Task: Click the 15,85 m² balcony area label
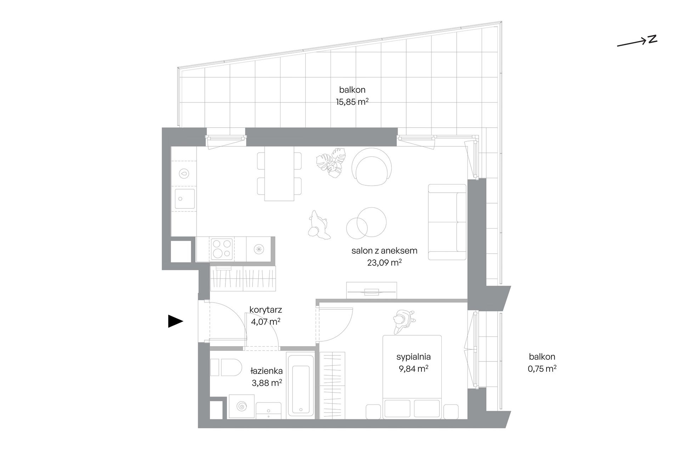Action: click(x=352, y=102)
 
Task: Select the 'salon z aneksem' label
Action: click(x=384, y=251)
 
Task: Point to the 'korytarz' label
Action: click(x=266, y=310)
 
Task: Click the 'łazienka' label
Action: click(x=266, y=371)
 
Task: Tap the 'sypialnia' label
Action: click(x=413, y=357)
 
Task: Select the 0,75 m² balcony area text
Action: click(x=542, y=369)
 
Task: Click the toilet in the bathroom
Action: click(x=225, y=367)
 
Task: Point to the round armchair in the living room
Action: click(x=372, y=166)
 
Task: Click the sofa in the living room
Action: click(x=447, y=222)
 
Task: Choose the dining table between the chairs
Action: click(x=279, y=174)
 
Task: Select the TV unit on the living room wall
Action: click(x=372, y=290)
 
